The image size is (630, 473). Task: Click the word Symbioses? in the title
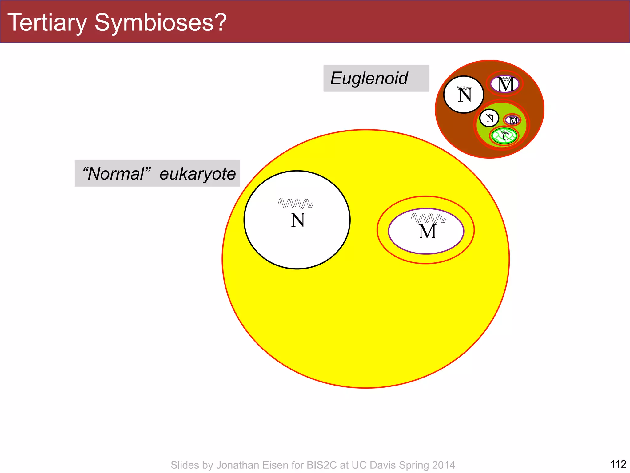(160, 23)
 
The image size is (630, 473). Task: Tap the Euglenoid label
(369, 78)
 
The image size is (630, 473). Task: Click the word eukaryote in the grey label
(197, 174)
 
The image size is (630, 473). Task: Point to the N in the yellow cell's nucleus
(297, 220)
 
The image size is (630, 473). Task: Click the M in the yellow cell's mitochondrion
(427, 232)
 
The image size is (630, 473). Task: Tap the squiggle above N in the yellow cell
(296, 204)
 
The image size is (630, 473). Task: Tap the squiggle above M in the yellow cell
(429, 218)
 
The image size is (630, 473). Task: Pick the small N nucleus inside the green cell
(489, 118)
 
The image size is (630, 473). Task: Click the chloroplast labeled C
(505, 136)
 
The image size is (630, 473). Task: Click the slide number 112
(618, 464)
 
